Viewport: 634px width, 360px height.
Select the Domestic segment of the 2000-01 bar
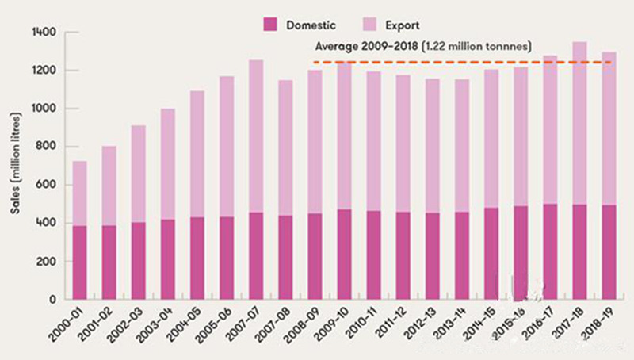coord(79,262)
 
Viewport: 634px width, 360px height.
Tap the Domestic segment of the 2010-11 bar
coord(373,255)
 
